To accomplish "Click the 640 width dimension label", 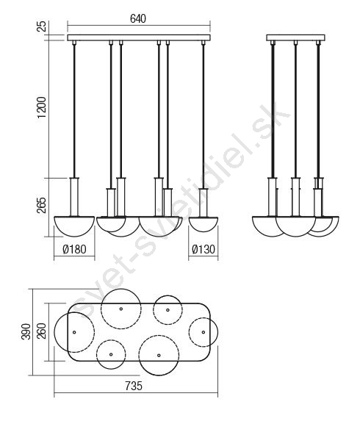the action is pyautogui.click(x=138, y=19).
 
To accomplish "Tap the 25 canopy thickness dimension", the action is pyautogui.click(x=42, y=26).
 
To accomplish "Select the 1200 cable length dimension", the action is pyautogui.click(x=42, y=108).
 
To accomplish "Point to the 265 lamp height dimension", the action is pyautogui.click(x=42, y=206).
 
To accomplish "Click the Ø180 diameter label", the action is pyautogui.click(x=74, y=249).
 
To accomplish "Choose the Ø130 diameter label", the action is pyautogui.click(x=204, y=249).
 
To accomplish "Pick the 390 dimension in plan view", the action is pyautogui.click(x=26, y=331).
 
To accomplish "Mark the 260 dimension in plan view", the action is pyautogui.click(x=42, y=331).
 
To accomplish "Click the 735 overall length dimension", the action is pyautogui.click(x=134, y=386).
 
